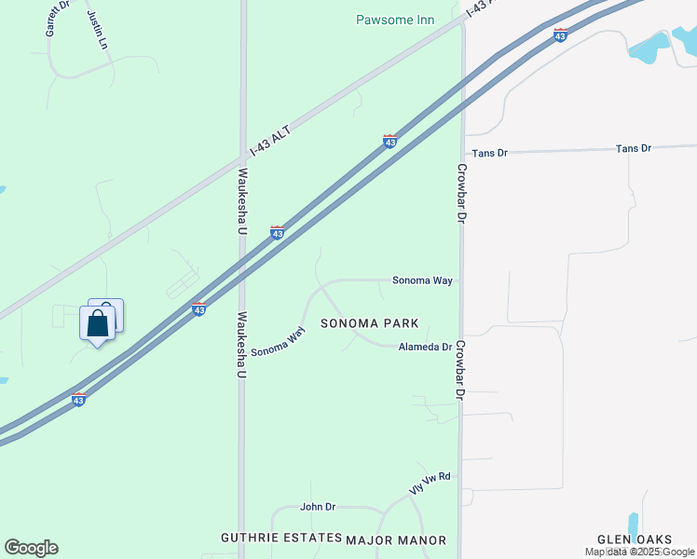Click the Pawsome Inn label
[395, 20]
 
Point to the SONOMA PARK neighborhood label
[369, 323]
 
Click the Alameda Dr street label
[425, 347]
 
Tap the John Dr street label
[317, 507]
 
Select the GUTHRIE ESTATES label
[280, 539]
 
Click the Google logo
[31, 548]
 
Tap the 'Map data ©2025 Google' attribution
[639, 552]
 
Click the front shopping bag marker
[97, 324]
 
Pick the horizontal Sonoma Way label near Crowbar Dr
[423, 279]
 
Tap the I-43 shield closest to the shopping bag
[198, 308]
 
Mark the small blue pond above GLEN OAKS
[634, 525]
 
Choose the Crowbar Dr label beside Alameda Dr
[460, 369]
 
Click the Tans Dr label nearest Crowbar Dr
[489, 152]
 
